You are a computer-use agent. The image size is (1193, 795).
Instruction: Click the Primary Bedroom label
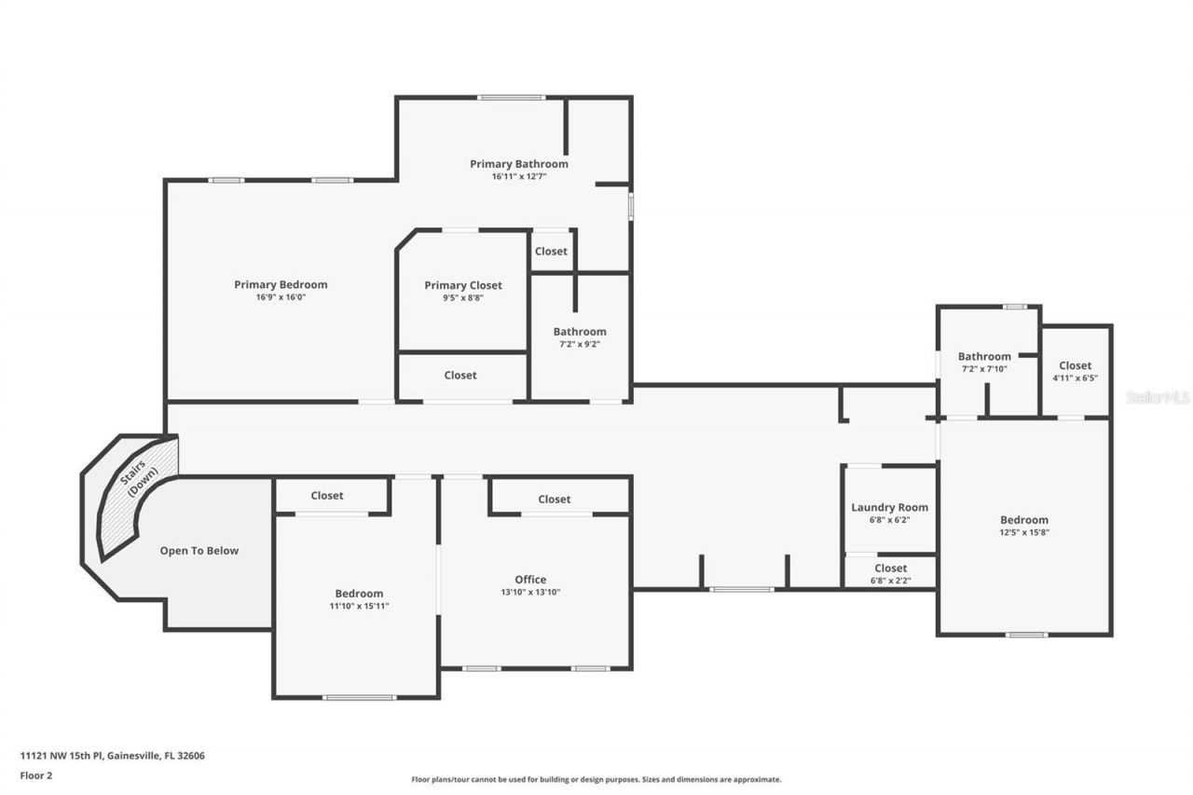pyautogui.click(x=281, y=284)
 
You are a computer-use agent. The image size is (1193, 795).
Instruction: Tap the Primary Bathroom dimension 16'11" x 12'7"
pyautogui.click(x=518, y=176)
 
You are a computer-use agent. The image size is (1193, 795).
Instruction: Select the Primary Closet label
pyautogui.click(x=463, y=285)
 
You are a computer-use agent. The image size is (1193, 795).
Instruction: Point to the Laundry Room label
pyautogui.click(x=889, y=507)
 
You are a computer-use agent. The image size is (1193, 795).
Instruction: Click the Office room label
pyautogui.click(x=530, y=579)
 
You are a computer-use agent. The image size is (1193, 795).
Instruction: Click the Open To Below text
pyautogui.click(x=199, y=551)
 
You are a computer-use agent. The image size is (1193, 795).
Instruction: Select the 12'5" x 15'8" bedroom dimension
pyautogui.click(x=1024, y=532)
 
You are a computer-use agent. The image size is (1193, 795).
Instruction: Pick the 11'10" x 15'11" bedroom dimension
pyautogui.click(x=359, y=606)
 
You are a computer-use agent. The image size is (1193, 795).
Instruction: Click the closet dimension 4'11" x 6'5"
pyautogui.click(x=1075, y=378)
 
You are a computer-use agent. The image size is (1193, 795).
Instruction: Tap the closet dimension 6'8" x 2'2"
pyautogui.click(x=890, y=581)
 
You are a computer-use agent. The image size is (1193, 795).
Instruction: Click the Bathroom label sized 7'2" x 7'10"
pyautogui.click(x=984, y=356)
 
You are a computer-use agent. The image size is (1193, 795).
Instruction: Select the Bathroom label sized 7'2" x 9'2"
pyautogui.click(x=580, y=331)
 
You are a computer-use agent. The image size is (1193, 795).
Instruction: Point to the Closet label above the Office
pyautogui.click(x=555, y=500)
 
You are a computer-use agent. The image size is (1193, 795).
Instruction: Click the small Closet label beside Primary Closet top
pyautogui.click(x=551, y=252)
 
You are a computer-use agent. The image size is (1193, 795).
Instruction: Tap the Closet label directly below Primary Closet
pyautogui.click(x=460, y=375)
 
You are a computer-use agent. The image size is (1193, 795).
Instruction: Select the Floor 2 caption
pyautogui.click(x=36, y=774)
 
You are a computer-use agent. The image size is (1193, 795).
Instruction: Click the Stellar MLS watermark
pyautogui.click(x=1157, y=397)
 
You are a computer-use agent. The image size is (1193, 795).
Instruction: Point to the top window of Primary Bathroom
pyautogui.click(x=511, y=97)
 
